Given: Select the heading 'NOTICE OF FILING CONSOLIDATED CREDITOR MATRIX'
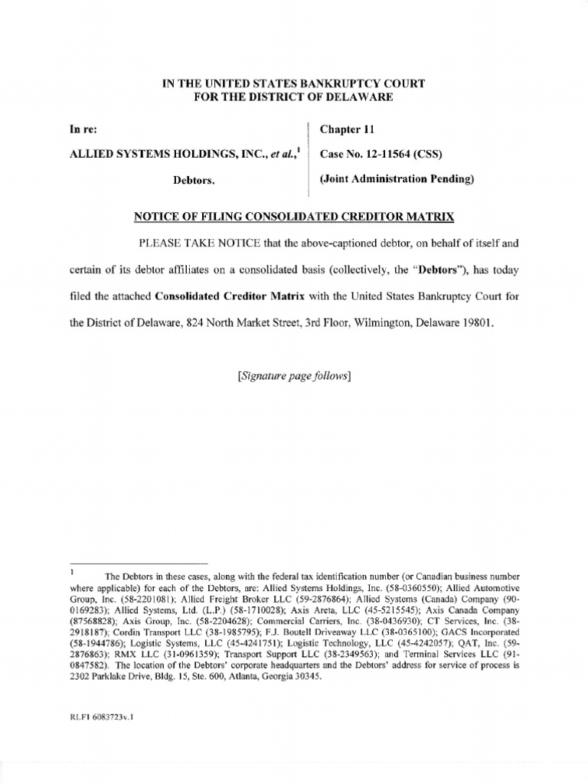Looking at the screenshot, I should coord(294,217).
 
